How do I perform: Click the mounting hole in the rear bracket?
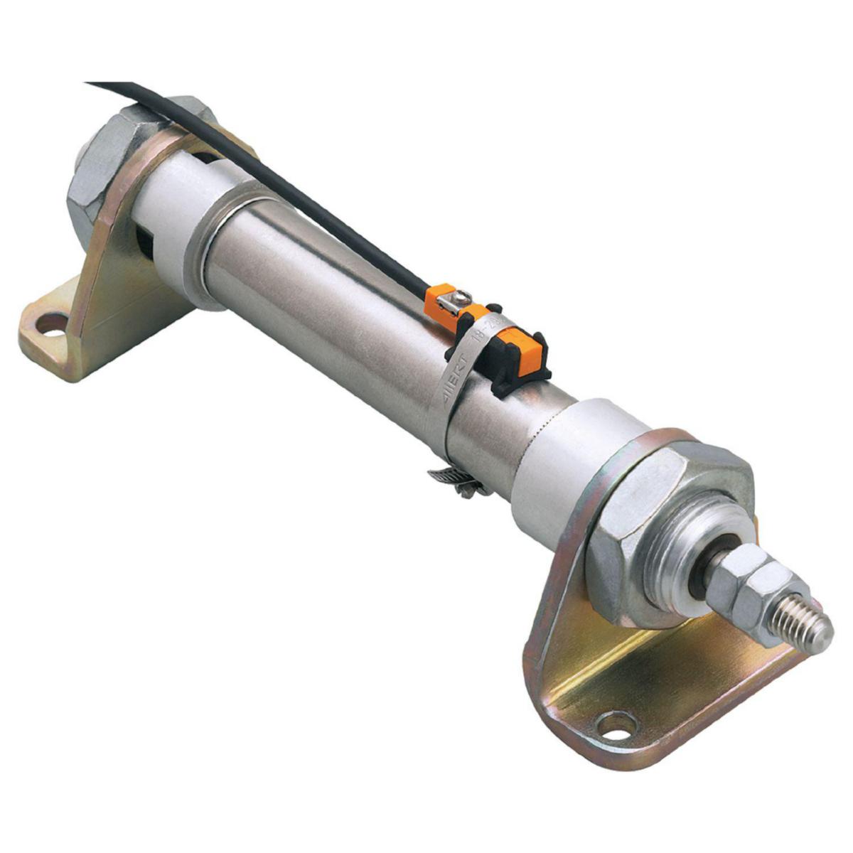[51, 325]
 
